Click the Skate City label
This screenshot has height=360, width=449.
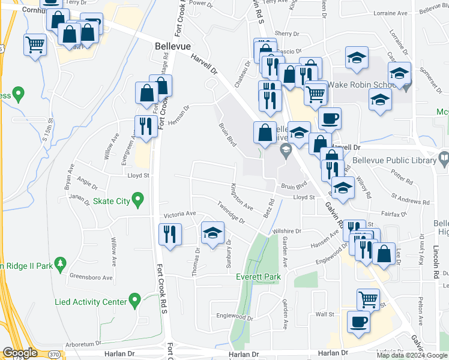point(111,201)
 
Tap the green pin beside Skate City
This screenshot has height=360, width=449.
point(138,199)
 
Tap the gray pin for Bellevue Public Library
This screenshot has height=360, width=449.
point(444,159)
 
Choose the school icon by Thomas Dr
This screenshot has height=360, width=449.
point(212,233)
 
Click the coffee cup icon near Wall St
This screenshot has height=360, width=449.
point(360,321)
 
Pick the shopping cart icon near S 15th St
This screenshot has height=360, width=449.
point(35,44)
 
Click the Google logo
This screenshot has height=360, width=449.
point(20,353)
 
